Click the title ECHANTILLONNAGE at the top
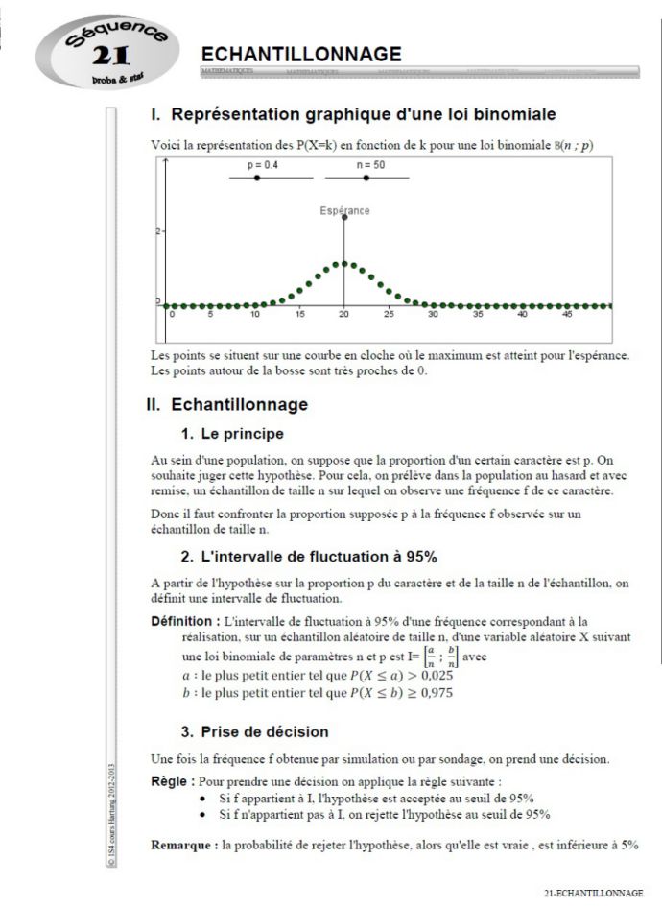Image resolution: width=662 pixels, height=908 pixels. (301, 54)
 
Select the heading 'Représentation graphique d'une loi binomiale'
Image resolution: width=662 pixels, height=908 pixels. (353, 115)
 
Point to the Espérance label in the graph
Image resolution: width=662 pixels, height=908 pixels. (344, 210)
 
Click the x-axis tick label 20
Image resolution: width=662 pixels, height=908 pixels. (344, 315)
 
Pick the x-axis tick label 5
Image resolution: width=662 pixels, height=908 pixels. (210, 315)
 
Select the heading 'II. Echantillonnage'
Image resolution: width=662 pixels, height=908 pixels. (226, 405)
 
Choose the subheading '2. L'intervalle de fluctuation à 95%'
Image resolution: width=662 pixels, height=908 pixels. (309, 556)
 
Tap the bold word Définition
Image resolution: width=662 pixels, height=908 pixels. (184, 621)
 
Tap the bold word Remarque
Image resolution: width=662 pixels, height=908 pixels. (184, 845)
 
